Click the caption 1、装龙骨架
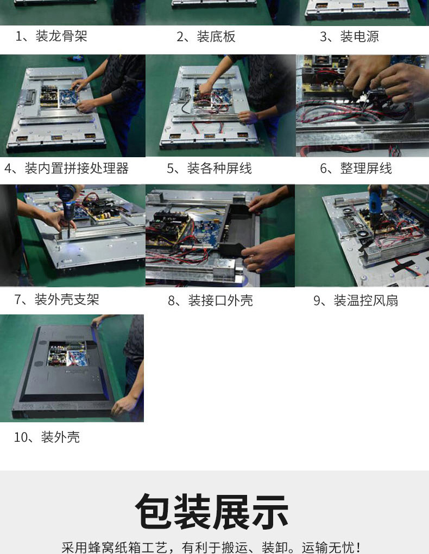tap(51, 36)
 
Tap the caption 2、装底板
tap(206, 36)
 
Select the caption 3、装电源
tap(349, 36)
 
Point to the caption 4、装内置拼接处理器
tap(66, 168)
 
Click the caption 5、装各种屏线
tap(209, 168)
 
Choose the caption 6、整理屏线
tap(356, 168)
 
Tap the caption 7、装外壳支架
tap(56, 300)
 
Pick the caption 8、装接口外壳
tap(210, 300)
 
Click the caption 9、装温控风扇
tap(356, 300)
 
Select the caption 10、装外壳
tap(47, 437)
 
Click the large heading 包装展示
tap(212, 511)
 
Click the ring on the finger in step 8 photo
tap(251, 260)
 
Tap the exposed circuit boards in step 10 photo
tap(67, 353)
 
